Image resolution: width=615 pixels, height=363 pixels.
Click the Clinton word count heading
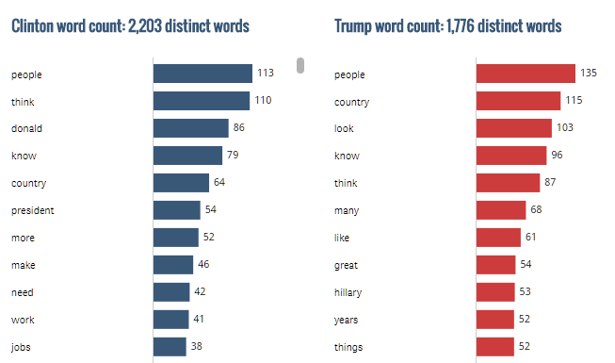(130, 25)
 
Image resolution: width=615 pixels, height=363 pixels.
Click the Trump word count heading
(447, 25)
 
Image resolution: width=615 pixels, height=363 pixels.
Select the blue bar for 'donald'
(191, 128)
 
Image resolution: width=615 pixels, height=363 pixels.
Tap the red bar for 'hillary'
(495, 292)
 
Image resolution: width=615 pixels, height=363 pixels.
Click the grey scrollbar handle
(300, 65)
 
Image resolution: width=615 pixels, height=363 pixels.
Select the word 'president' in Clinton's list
(33, 210)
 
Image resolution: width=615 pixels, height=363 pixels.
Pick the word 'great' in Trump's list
(346, 265)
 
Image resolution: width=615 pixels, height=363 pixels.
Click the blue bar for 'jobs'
(170, 347)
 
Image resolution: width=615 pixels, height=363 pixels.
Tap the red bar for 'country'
(518, 101)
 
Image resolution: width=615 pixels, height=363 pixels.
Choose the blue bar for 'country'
(181, 183)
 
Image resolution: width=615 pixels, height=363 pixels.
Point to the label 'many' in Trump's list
(346, 210)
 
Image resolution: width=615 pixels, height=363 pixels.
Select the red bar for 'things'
(494, 347)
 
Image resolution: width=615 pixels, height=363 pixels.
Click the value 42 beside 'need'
(200, 292)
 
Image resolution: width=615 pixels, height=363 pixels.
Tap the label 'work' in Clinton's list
(24, 320)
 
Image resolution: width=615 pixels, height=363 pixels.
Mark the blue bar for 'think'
(202, 101)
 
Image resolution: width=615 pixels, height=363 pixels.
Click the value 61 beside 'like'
(532, 238)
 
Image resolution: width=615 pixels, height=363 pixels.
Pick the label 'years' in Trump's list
(347, 320)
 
